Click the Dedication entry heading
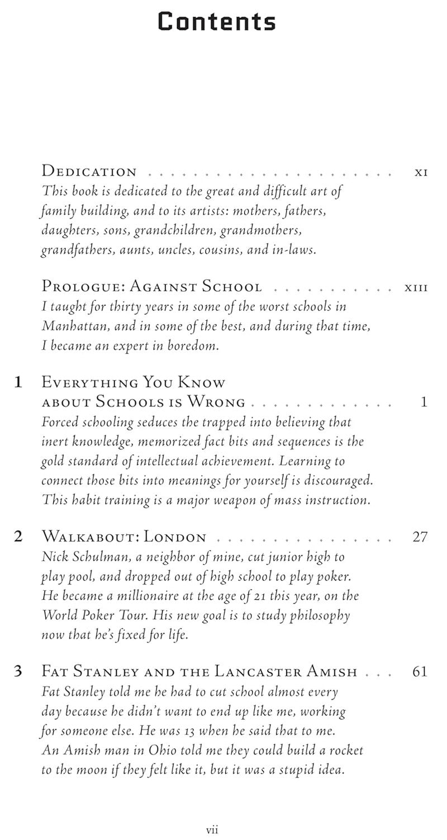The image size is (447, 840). point(89,172)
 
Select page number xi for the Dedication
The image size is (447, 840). point(421,172)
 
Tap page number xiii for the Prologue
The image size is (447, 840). point(416,288)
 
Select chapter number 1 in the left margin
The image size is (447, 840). point(18,383)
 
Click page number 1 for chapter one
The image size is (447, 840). point(424,402)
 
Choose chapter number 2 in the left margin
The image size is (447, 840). point(18,537)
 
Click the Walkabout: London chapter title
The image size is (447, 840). point(124,537)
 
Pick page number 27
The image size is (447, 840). point(420,537)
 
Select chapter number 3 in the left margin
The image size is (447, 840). point(18,671)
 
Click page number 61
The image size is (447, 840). point(420,671)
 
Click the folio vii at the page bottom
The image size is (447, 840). point(212,830)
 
